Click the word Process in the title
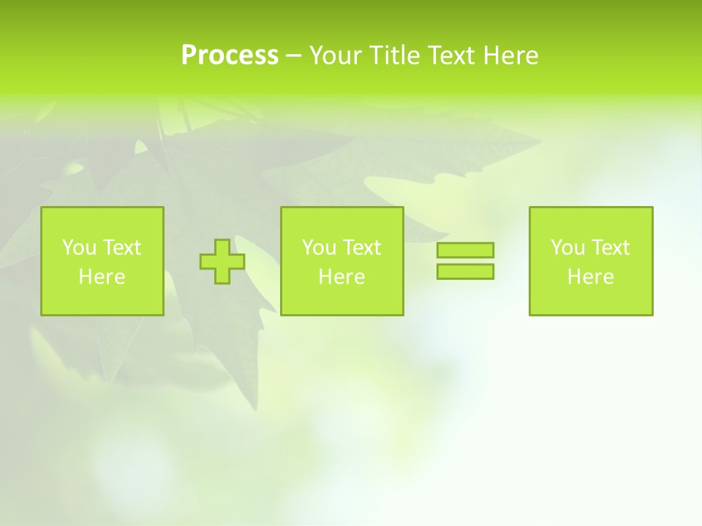coord(230,56)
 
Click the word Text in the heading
coord(451,56)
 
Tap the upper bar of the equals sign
coord(465,251)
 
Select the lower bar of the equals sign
coord(465,272)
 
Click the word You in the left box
coord(79,248)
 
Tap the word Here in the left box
coord(102,277)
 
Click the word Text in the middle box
coord(361,248)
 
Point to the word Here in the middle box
coord(341,277)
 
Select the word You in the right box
coord(567,248)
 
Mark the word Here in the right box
coord(590,277)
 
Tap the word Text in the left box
coord(121,248)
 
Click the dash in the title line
coord(293,56)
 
